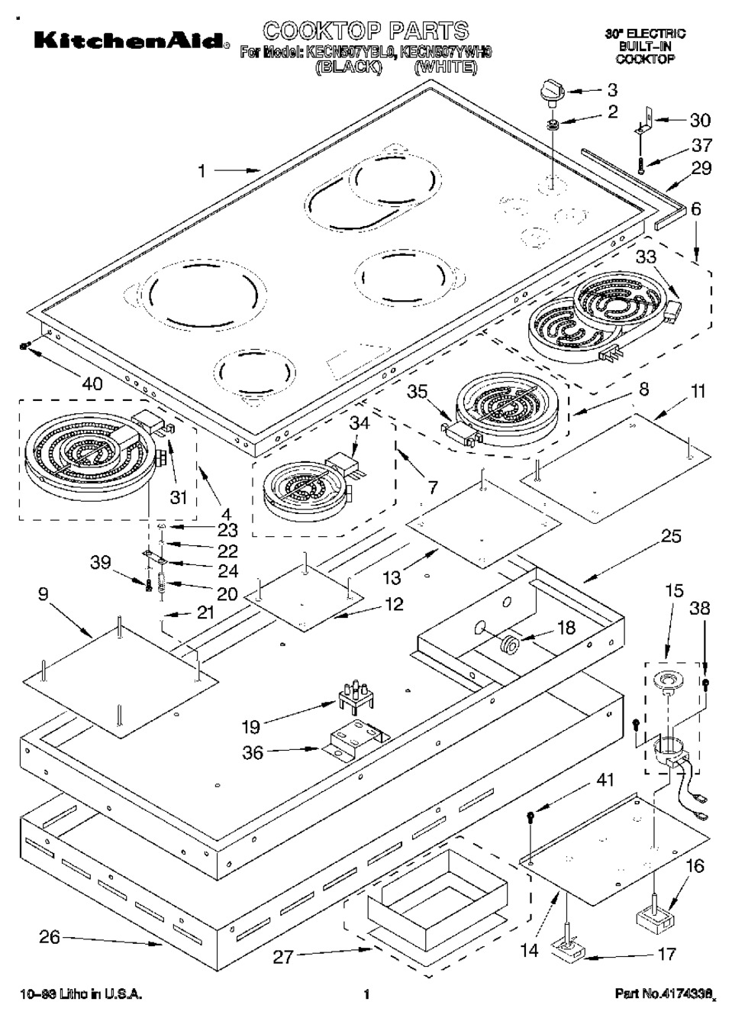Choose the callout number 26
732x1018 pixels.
(49, 936)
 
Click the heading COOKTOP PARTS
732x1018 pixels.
(366, 31)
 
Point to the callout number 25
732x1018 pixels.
(670, 536)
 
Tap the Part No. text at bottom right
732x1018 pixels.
(664, 994)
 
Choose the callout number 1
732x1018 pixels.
(202, 172)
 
